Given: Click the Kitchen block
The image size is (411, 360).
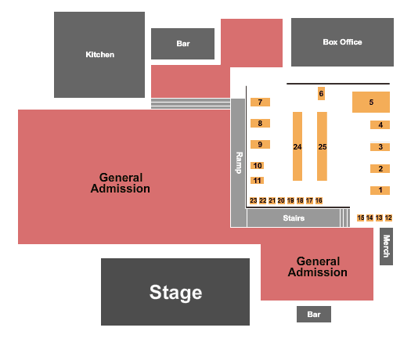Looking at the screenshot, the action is [x=99, y=55].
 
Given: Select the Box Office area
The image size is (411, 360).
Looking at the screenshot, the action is [x=342, y=42].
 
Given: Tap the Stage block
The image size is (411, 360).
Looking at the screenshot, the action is [x=175, y=292].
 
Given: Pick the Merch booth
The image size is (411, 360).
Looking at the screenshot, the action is [x=387, y=247].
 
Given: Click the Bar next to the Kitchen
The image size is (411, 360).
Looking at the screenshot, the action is [x=182, y=44].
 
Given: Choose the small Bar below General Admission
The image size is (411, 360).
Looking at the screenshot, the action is [x=314, y=314].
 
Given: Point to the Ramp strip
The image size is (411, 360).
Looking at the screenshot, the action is [x=238, y=163].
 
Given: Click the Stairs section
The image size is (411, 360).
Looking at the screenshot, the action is [x=294, y=218].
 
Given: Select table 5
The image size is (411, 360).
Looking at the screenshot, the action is [x=371, y=102].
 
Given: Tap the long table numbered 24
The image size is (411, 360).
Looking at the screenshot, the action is [x=297, y=146].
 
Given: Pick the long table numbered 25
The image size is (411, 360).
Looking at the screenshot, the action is [x=322, y=146].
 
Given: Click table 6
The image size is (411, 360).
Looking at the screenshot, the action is [x=321, y=94].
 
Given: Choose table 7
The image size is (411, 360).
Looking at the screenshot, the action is [x=260, y=103].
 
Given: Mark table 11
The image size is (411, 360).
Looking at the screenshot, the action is [x=257, y=181].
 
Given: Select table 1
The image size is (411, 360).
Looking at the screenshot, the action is [x=380, y=190].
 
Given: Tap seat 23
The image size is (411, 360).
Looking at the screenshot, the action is [x=254, y=200].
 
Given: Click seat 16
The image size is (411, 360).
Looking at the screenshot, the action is [x=319, y=200].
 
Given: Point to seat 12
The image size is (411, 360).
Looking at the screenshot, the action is [x=388, y=218].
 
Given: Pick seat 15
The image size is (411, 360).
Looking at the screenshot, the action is [x=361, y=218].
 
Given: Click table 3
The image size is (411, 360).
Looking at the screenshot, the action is [x=380, y=147].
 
